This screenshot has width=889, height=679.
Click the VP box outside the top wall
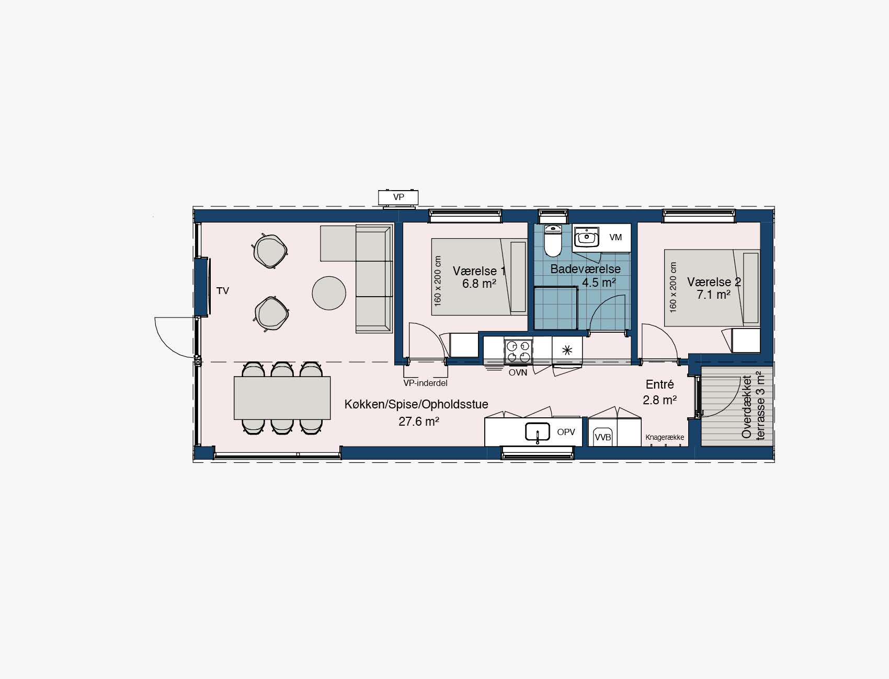point(398,197)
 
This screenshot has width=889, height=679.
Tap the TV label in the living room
point(223,291)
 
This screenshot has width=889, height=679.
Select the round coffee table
point(329,293)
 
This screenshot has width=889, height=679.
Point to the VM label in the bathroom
point(616,237)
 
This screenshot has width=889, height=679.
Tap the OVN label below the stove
point(518,372)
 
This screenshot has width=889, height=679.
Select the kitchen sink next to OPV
point(538,432)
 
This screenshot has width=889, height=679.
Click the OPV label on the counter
point(566,432)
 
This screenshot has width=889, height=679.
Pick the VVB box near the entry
point(603,437)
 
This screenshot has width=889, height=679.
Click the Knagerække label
point(665,437)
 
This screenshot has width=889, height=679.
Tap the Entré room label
point(660,384)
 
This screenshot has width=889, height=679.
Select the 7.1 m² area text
point(713,295)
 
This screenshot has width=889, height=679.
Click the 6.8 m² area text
point(479,284)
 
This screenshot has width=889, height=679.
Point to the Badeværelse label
point(585,270)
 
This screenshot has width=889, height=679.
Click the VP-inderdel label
point(425,383)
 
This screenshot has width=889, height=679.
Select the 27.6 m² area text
point(418,421)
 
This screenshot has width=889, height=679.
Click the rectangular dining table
point(282,398)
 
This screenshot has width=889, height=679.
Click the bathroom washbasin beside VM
point(586,238)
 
